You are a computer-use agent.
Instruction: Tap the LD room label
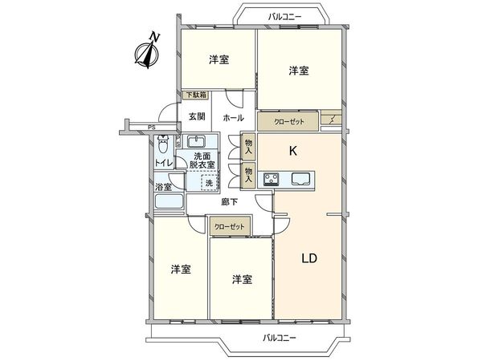click(x=311, y=258)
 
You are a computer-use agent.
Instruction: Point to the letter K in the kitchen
click(x=294, y=151)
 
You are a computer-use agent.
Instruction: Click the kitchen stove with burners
click(x=272, y=178)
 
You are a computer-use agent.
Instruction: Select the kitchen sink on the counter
click(x=302, y=178)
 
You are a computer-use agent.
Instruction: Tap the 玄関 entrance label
click(x=196, y=116)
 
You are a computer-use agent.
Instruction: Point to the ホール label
click(x=233, y=118)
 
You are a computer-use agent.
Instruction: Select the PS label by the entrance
click(x=151, y=127)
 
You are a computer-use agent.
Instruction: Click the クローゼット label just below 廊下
click(x=230, y=228)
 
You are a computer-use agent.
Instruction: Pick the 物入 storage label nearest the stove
click(x=249, y=172)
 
